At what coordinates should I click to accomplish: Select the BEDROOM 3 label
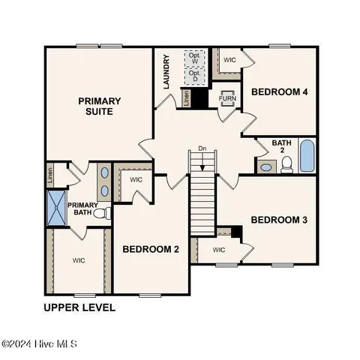click(279, 220)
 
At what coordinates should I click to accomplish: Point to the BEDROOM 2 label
click(151, 250)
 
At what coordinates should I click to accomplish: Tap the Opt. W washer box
click(195, 58)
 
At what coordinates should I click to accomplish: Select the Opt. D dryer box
click(195, 75)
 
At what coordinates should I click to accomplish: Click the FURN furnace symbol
click(226, 98)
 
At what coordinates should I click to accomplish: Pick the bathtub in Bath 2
click(307, 156)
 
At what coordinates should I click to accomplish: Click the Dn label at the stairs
click(202, 148)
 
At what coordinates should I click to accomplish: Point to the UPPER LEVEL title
click(79, 307)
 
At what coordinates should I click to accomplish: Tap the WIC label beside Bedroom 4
click(230, 59)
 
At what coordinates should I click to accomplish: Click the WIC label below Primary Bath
click(78, 261)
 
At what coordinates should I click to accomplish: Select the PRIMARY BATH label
click(82, 208)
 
